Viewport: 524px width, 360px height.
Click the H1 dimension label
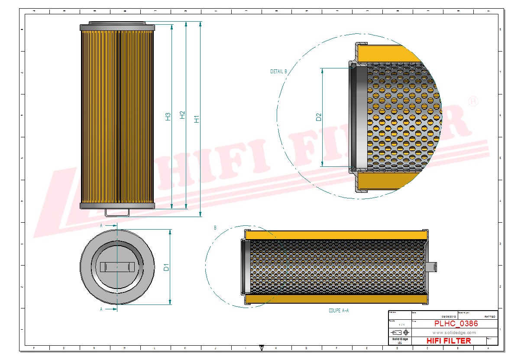[197, 119]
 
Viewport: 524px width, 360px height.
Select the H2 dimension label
[183, 115]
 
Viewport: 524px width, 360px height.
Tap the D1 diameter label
[166, 268]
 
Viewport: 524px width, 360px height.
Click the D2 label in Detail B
[319, 117]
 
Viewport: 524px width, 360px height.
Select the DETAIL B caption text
[278, 71]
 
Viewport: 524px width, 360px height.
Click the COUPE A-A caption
[338, 311]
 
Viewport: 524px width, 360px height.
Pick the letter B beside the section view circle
[215, 227]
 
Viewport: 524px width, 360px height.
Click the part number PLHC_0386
[456, 324]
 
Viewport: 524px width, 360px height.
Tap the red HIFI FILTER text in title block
[448, 341]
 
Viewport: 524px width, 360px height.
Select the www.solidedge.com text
[454, 333]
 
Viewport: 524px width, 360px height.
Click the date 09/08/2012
[448, 317]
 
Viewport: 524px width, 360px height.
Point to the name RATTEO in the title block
[490, 317]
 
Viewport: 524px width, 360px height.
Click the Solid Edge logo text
[399, 339]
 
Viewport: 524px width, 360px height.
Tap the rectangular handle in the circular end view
[117, 266]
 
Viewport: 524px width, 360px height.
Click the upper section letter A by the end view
[101, 226]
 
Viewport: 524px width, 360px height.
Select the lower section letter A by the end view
[101, 309]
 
